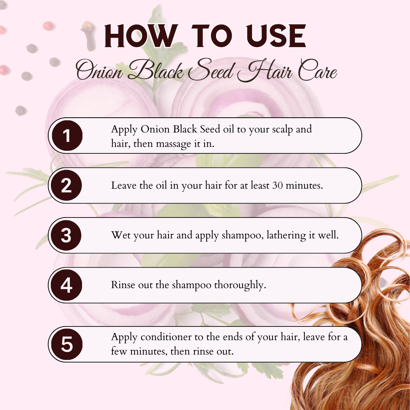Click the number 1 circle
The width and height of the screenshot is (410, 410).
coord(67,136)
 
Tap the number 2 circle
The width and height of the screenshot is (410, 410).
coord(66,185)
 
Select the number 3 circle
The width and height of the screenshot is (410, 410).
coord(66,235)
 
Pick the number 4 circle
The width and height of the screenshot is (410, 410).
coord(66,285)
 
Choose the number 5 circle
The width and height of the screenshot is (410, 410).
coord(67,344)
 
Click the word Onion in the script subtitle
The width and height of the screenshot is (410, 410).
coord(99,70)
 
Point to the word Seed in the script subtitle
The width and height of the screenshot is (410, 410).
coord(210,69)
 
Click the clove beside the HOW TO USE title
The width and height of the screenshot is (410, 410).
coord(89,36)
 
